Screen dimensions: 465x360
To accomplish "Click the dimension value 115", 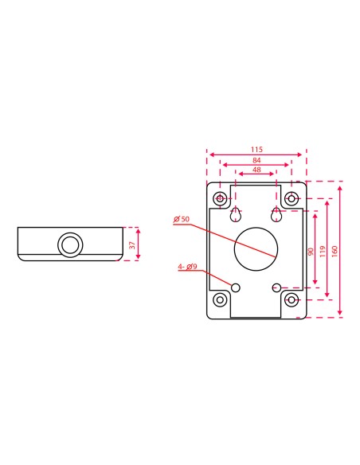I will [256, 149].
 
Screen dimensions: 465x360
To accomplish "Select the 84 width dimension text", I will [256, 159].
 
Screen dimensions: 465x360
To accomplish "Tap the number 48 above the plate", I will [256, 170].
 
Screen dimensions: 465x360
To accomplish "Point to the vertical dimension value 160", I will [335, 250].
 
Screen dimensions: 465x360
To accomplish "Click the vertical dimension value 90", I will [311, 252].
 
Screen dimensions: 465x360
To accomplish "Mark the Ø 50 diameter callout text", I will [180, 220].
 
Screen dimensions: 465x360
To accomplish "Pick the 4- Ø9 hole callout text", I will [188, 267].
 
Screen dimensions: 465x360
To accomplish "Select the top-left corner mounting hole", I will [219, 197].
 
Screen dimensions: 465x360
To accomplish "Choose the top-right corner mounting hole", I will [292, 197].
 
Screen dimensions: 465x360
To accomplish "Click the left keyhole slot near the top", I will [236, 215].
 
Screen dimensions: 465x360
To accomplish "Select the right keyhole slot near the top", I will [276, 215].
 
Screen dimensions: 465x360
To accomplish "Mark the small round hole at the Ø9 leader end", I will [236, 287].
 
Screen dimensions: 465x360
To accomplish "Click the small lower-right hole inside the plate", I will [276, 287].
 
